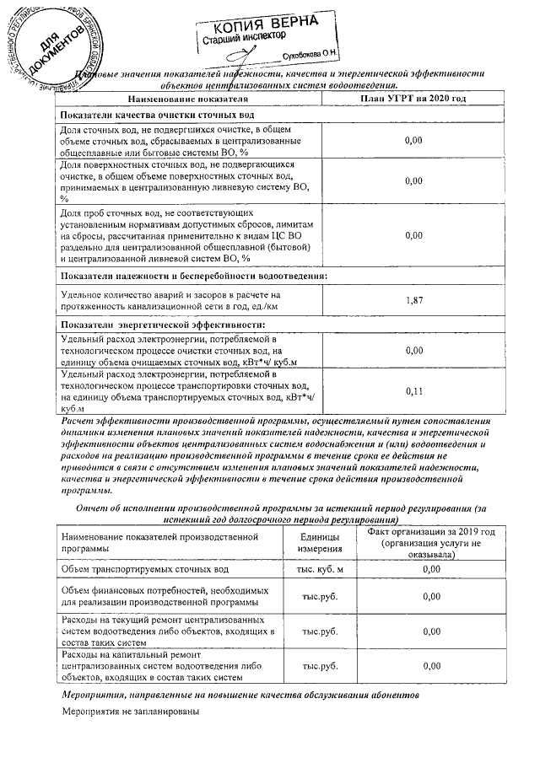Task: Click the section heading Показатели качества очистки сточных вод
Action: (159, 116)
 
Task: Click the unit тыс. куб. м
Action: (319, 570)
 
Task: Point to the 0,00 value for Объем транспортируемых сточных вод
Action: (431, 570)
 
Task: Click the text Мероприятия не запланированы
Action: (130, 712)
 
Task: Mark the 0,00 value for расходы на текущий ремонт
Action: (431, 631)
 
